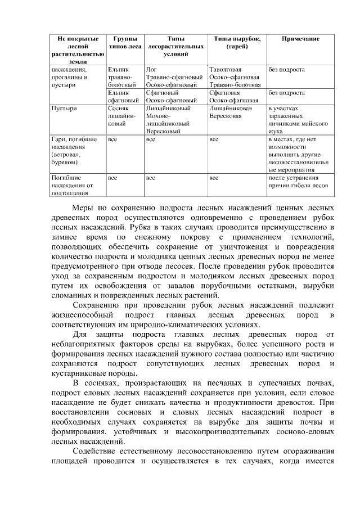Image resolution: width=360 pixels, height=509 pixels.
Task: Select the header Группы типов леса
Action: tap(124, 43)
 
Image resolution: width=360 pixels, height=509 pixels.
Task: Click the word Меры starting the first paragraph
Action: tap(84, 207)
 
